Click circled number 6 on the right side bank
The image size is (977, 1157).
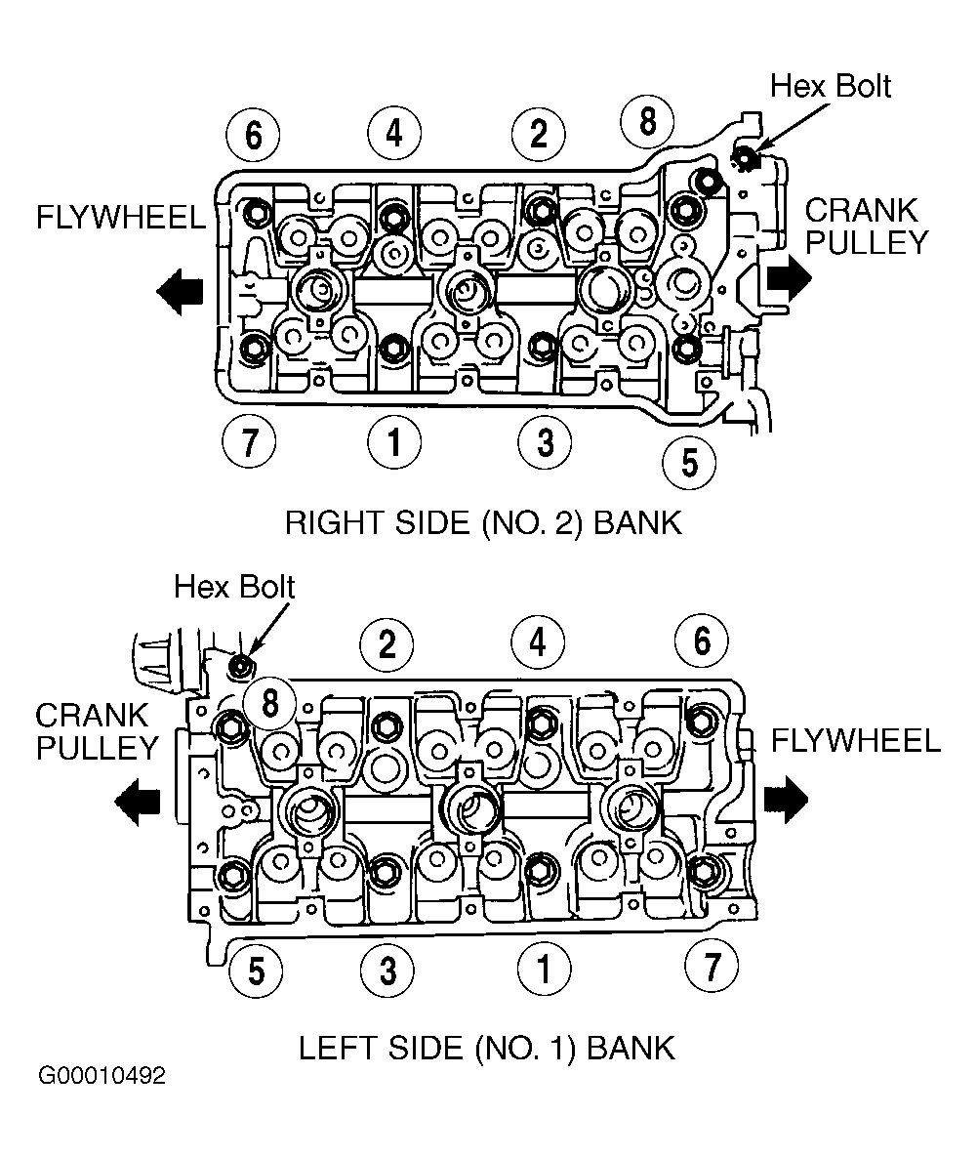pos(253,135)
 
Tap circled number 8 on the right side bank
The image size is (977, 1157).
pos(647,121)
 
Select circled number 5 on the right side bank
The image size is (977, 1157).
pos(689,463)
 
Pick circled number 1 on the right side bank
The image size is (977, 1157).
pos(394,442)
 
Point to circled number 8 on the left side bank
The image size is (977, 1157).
pos(270,702)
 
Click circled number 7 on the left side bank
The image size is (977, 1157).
pos(712,966)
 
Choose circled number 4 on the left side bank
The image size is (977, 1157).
pos(538,641)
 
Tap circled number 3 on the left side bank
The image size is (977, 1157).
pos(387,971)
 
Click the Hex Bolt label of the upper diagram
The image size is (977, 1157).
pos(831,86)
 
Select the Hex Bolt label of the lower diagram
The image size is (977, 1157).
pos(234,588)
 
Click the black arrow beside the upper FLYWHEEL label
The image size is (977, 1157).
pos(180,292)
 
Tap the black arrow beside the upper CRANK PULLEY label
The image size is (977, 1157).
pos(789,279)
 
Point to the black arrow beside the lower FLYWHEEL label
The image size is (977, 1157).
pos(786,800)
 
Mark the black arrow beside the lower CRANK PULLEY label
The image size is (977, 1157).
pos(138,803)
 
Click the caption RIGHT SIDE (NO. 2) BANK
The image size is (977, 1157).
pos(484,523)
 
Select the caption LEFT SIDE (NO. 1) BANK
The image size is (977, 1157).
pos(487,1048)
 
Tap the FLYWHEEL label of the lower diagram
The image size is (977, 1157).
pos(856,741)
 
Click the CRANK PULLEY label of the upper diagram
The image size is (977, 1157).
pos(867,227)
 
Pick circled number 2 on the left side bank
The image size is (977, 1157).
pos(387,644)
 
